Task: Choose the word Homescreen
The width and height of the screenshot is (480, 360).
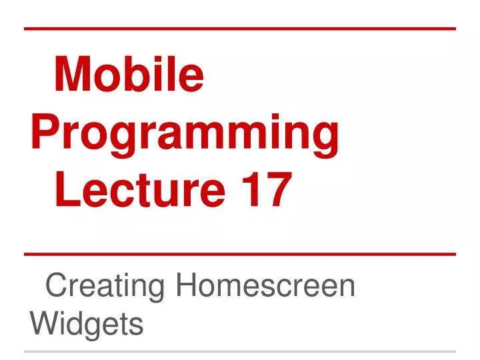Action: (x=265, y=287)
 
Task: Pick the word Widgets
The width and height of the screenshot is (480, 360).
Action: (x=87, y=325)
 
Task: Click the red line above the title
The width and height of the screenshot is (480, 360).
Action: (x=240, y=29)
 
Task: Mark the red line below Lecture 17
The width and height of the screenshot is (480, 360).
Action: (x=240, y=254)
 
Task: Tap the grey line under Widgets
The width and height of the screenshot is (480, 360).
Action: (x=240, y=351)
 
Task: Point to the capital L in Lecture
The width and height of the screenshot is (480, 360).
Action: (x=67, y=189)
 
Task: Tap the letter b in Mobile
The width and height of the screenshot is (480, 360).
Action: (x=140, y=75)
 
